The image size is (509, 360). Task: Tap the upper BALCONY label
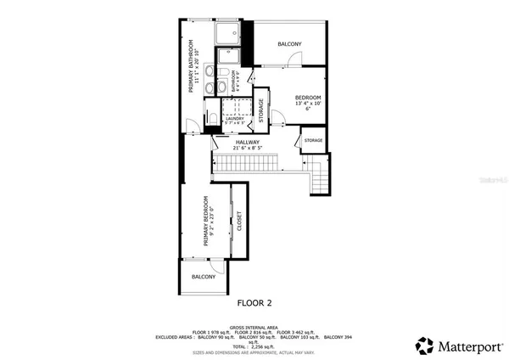point(290,44)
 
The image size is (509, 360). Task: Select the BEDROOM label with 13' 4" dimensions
point(307,98)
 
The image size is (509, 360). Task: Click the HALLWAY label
point(248,142)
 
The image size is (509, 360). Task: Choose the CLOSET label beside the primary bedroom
point(240,222)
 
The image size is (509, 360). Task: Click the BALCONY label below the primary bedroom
point(203,277)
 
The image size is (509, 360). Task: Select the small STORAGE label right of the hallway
point(313,140)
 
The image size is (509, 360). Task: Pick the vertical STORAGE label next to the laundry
point(261,111)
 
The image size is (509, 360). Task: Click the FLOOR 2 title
point(255,301)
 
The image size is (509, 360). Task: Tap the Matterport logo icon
point(423,345)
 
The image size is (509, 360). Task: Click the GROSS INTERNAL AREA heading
point(255,325)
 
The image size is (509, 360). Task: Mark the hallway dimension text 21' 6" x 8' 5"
point(248,149)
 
